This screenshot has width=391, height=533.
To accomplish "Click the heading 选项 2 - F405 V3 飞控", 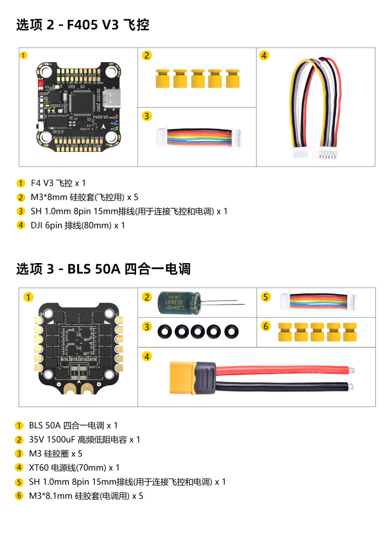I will (83, 25).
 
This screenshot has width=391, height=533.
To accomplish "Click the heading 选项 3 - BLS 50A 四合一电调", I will (103, 269).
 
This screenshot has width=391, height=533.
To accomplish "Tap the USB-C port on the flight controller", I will (111, 97).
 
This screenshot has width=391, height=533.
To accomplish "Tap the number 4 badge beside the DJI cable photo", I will (264, 55).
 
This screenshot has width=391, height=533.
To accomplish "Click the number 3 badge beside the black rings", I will (148, 327).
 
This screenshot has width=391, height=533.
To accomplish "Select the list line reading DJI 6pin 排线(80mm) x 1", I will (78, 226).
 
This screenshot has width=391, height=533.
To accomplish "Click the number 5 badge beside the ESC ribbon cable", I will (266, 297).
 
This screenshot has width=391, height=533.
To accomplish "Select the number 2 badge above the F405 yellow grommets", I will (147, 55).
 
